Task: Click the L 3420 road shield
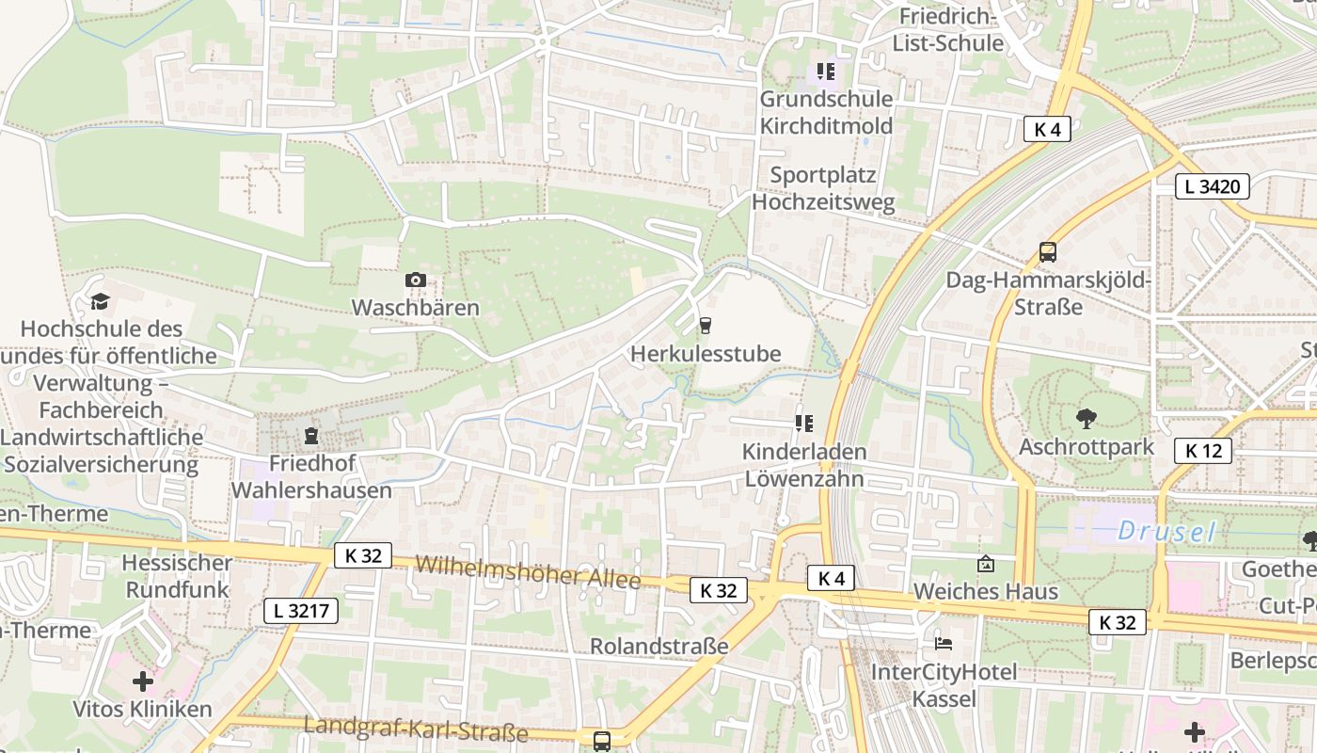pos(1213,186)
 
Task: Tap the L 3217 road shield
pos(300,610)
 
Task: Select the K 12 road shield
pos(1203,450)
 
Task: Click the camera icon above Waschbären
pos(415,280)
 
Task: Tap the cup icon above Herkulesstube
pos(705,326)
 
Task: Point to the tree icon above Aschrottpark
pos(1086,417)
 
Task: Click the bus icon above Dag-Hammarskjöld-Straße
pos(1047,251)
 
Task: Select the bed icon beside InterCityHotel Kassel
pos(944,644)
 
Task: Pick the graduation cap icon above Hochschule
pos(100,301)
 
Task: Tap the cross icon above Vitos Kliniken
pos(142,681)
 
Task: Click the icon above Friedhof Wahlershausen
pos(310,436)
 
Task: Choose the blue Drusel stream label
pos(1166,532)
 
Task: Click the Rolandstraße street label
pos(658,646)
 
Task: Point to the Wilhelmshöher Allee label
pos(528,571)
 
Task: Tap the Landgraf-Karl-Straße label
pos(415,728)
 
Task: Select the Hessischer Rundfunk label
pos(178,576)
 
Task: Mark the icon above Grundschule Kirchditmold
pos(826,71)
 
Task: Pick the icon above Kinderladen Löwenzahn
pos(803,424)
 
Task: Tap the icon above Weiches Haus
pos(985,564)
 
